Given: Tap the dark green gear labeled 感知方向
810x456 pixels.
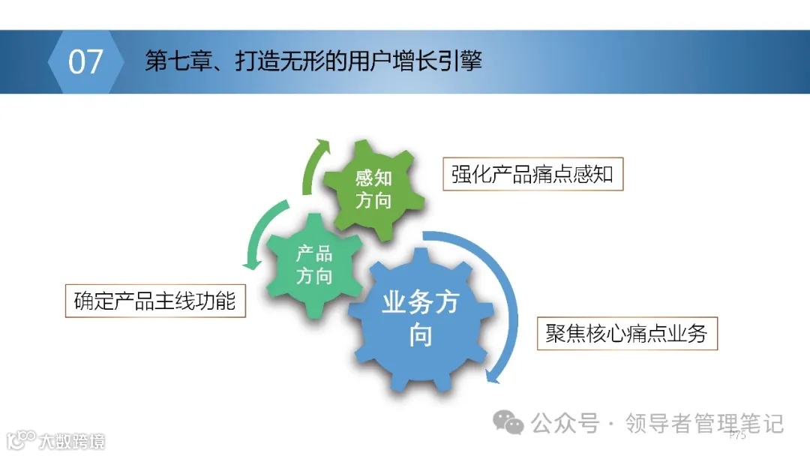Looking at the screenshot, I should [373, 188].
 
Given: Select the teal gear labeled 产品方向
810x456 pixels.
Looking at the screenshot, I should [313, 264].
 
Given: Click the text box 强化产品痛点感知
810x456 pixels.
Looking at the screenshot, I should [532, 174].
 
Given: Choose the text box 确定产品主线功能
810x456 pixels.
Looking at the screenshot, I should [155, 301].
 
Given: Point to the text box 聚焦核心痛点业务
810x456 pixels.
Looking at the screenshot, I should [626, 333].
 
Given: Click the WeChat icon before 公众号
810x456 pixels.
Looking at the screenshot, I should [512, 424].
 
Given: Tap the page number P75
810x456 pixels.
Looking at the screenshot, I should [737, 436].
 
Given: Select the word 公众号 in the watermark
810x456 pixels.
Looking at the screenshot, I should [565, 424].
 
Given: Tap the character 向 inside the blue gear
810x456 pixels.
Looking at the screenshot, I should [420, 335].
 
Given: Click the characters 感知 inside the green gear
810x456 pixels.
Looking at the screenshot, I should [373, 178].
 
